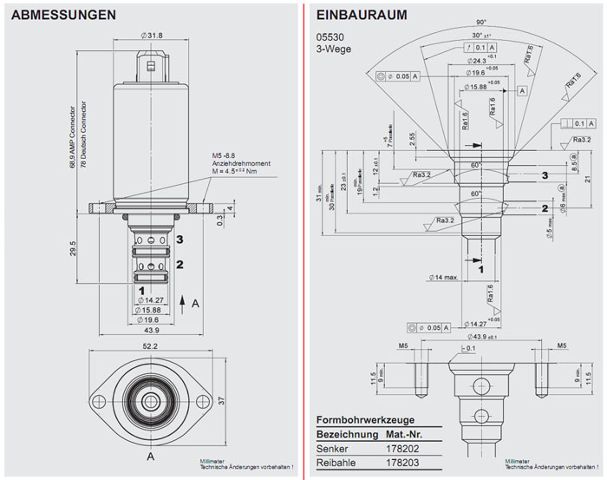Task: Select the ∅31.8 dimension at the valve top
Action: click(153, 35)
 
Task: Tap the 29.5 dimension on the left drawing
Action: click(75, 248)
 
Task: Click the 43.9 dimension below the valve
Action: click(153, 331)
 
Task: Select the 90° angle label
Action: click(480, 22)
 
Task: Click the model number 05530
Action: click(329, 37)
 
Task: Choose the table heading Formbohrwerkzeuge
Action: click(370, 418)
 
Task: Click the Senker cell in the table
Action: click(333, 449)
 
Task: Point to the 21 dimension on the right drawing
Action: click(587, 179)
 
